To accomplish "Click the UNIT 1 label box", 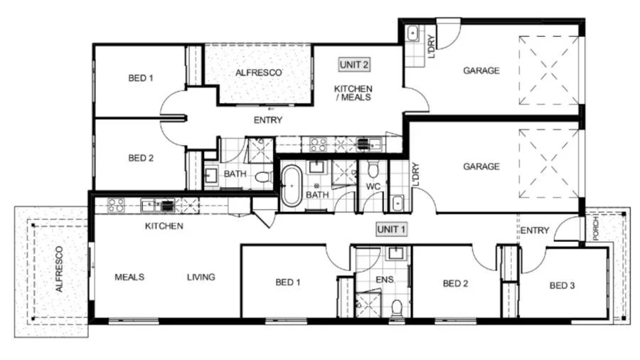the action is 391,229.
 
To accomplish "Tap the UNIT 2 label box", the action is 354,65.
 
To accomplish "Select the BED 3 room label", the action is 562,286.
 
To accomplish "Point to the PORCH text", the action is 596,228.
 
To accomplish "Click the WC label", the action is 373,186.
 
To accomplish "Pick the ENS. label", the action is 385,280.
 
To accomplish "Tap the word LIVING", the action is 201,277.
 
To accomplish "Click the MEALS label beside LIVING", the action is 129,277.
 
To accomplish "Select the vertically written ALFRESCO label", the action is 59,269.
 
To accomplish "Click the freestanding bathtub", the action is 292,186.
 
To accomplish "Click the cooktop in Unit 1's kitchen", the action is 116,205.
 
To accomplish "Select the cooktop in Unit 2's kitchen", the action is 319,144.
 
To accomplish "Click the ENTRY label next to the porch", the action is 535,231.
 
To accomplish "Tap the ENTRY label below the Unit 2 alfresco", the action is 268,120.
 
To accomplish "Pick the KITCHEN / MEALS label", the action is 353,93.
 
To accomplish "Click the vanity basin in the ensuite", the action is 395,253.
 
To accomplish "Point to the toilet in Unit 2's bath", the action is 264,176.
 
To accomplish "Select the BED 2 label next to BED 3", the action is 456,284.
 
